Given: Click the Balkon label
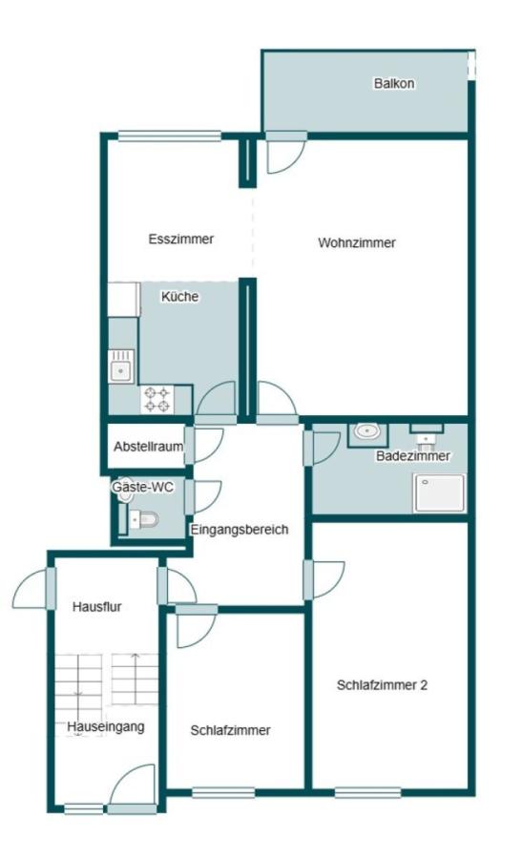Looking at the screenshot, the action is pyautogui.click(x=394, y=83).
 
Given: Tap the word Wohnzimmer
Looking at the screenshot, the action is pyautogui.click(x=357, y=242).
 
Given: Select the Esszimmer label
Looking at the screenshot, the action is pyautogui.click(x=180, y=239).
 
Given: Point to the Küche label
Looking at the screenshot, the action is pyautogui.click(x=179, y=297).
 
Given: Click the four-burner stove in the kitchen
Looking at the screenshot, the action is pyautogui.click(x=157, y=399).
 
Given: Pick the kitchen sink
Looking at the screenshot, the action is pyautogui.click(x=120, y=366).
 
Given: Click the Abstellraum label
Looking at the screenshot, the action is pyautogui.click(x=149, y=447).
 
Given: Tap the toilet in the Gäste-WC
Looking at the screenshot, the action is pyautogui.click(x=143, y=518).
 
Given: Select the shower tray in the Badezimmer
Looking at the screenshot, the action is pyautogui.click(x=440, y=493).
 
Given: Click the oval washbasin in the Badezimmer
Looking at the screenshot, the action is pyautogui.click(x=367, y=431).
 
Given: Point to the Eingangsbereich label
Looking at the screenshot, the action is pyautogui.click(x=239, y=530).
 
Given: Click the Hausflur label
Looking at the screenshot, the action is pyautogui.click(x=97, y=606).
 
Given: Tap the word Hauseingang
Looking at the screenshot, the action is pyautogui.click(x=106, y=727).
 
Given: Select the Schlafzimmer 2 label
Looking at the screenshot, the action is pyautogui.click(x=382, y=684).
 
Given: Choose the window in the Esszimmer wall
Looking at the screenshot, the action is pyautogui.click(x=170, y=136).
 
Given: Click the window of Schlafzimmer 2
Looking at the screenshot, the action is pyautogui.click(x=367, y=792).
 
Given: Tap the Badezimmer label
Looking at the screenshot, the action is pyautogui.click(x=413, y=456).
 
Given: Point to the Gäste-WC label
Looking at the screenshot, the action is pyautogui.click(x=142, y=487).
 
